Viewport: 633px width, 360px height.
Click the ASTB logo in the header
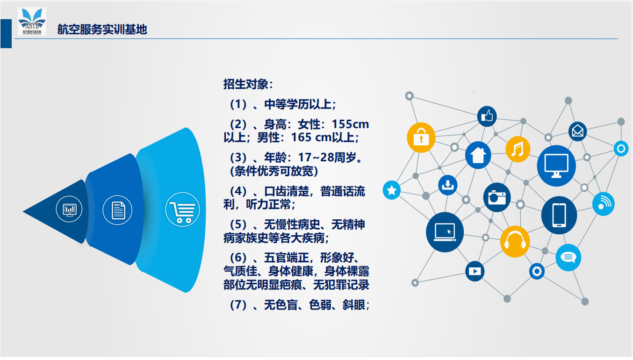32,21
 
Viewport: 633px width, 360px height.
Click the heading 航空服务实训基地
102,29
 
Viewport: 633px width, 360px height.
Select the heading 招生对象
248,84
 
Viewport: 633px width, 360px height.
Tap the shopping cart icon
182,209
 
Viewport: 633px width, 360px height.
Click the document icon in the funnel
117,210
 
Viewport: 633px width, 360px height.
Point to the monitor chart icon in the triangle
69,209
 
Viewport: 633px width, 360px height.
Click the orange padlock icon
421,137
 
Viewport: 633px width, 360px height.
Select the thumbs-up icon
487,116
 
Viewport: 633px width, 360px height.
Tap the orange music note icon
518,149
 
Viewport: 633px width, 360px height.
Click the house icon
478,155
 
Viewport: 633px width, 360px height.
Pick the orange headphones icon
515,242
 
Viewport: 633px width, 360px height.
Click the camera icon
497,197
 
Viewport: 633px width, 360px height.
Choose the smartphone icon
559,215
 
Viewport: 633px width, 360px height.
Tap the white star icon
392,190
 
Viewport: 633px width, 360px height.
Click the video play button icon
475,271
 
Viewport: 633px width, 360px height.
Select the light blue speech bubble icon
568,258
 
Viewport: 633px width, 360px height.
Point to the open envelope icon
578,131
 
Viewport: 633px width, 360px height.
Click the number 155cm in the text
350,124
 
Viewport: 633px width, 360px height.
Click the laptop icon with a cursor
445,232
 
